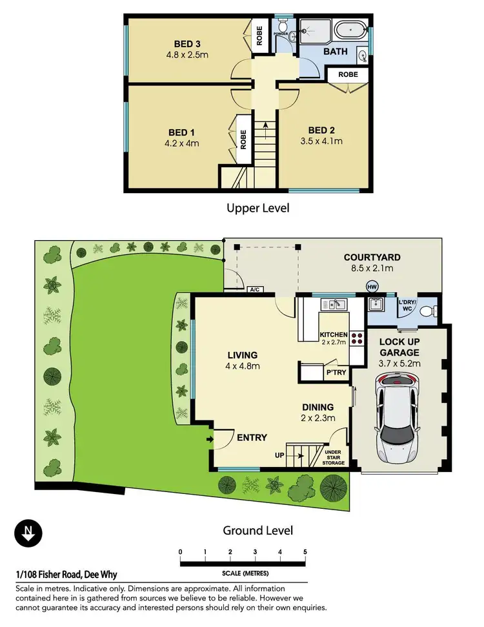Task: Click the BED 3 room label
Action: (187, 44)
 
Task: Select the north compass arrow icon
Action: (28, 533)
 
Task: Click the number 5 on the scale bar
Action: (305, 552)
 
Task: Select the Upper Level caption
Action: (257, 208)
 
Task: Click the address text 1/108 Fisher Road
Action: (66, 575)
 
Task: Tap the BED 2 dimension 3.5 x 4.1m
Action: (321, 141)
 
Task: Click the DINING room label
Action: (318, 407)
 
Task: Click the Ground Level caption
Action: (257, 530)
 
